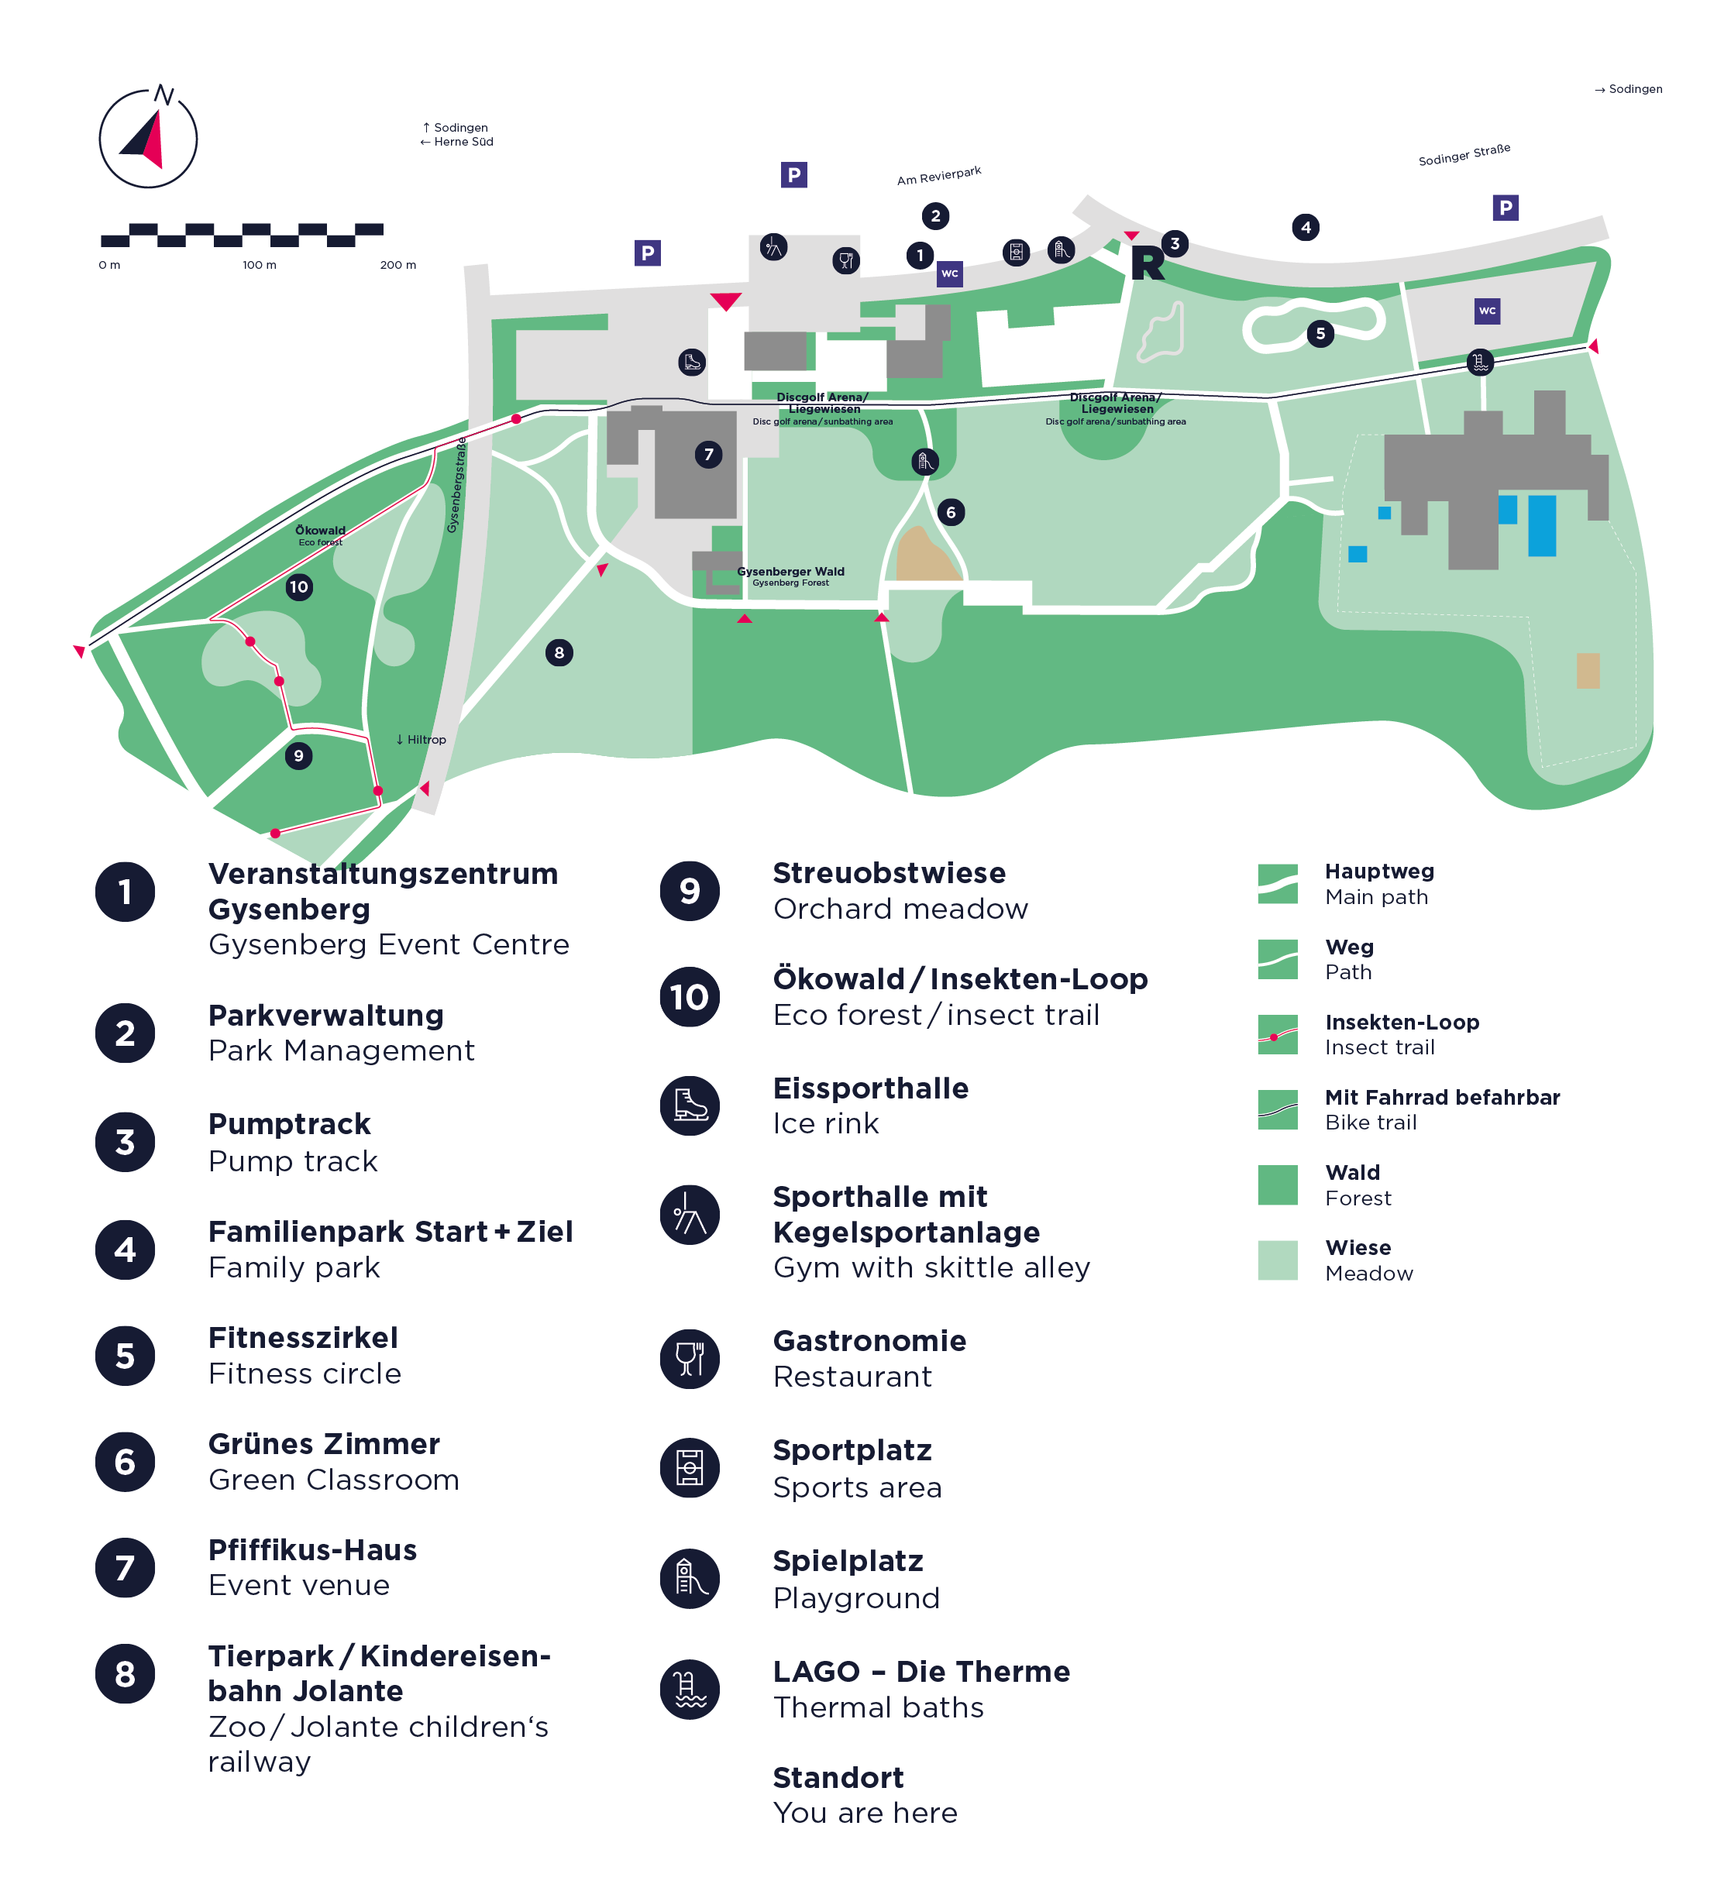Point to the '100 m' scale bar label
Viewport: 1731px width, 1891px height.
[x=260, y=266]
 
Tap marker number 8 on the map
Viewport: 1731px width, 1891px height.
[x=559, y=653]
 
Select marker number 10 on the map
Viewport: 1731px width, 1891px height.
[x=299, y=587]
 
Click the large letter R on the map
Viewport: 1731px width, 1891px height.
[x=1148, y=263]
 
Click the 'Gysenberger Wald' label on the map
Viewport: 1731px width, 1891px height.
[x=791, y=571]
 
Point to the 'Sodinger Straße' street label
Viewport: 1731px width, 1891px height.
[x=1464, y=155]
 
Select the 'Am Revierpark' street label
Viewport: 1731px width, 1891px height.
[x=939, y=175]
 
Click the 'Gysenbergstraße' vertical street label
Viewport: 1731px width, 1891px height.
[x=457, y=485]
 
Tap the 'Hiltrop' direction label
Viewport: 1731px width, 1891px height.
[x=422, y=739]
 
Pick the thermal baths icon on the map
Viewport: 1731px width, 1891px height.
[x=1481, y=362]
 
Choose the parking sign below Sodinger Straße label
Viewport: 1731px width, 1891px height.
[x=1506, y=208]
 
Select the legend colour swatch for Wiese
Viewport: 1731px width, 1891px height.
[x=1278, y=1260]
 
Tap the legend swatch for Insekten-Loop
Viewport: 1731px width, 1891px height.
[x=1278, y=1035]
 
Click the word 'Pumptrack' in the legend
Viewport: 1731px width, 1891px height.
[x=289, y=1124]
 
